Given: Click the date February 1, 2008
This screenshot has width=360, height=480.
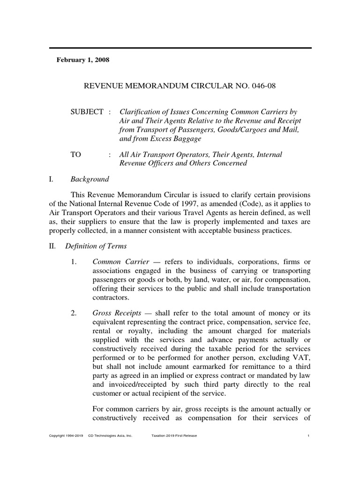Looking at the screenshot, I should pos(83,60).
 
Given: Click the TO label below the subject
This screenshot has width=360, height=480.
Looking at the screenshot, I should pos(76,155).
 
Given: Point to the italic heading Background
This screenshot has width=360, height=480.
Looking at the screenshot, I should pos(90,179).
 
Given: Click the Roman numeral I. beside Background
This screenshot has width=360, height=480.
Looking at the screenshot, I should pos(52,179).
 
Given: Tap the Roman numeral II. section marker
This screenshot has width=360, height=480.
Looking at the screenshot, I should pos(53,246).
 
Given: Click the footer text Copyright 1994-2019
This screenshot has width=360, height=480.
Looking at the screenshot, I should pos(66,436).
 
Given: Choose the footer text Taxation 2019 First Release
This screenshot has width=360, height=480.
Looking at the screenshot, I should pos(174,436).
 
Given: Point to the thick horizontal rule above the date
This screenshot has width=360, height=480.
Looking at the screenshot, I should pos(180,48).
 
